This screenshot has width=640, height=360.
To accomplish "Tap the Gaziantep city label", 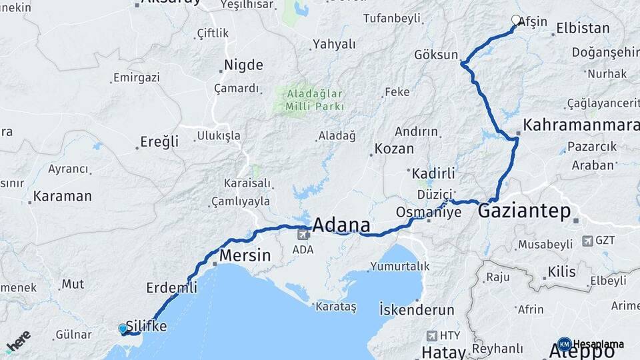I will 524,212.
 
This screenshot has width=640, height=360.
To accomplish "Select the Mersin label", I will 245,255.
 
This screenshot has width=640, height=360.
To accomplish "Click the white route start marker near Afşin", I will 515,20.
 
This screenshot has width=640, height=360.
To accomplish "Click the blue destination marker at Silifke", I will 122,329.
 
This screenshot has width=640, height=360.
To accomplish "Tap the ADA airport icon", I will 304,234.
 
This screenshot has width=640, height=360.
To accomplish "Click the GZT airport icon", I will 587,241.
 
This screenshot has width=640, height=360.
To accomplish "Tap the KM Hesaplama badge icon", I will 565,343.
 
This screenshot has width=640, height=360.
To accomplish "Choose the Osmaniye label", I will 429,212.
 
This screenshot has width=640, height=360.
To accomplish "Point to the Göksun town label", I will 436,55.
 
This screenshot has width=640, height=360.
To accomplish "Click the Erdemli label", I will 171,288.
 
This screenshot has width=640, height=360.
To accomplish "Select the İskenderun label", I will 417,310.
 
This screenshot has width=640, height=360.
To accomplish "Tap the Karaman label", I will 62,196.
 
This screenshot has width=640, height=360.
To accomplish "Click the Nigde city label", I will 243,65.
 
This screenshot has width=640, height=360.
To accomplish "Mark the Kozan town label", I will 393,149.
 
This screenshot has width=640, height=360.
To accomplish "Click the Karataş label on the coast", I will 335,307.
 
